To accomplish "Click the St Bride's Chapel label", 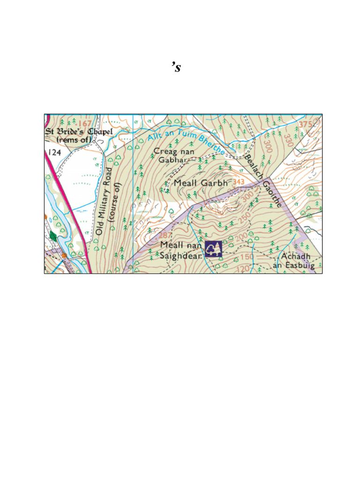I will point(79,135).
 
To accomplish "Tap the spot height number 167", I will point(84,124).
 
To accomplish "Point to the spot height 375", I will point(305,124).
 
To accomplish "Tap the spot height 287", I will point(166,235).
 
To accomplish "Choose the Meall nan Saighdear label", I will point(180,250).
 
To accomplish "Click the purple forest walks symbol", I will point(213,249).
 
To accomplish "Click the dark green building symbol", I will point(53,236).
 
